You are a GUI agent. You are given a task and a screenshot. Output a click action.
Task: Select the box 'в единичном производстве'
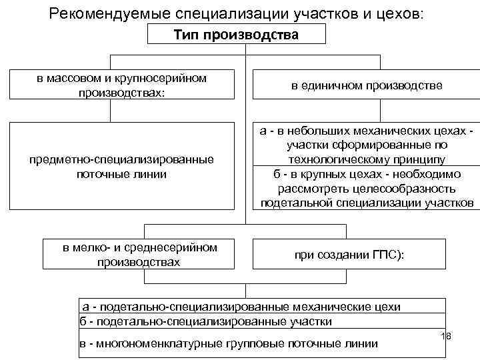(x=367, y=87)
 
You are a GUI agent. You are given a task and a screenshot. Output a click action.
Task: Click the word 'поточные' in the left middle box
(x=98, y=175)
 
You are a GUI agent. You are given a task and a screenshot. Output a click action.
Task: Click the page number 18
(x=446, y=337)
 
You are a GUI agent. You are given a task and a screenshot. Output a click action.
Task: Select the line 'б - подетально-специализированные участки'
(x=207, y=322)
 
